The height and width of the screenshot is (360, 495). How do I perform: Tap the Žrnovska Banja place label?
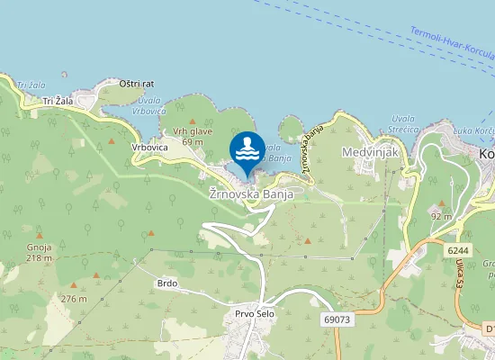251,193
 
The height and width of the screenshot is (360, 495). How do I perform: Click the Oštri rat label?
139,83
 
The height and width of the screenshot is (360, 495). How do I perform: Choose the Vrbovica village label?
149,147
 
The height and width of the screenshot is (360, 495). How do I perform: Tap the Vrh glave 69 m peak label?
193,136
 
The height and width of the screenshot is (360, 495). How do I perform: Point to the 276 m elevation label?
73,299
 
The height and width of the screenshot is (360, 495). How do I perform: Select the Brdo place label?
166,283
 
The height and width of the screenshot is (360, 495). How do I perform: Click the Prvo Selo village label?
255,313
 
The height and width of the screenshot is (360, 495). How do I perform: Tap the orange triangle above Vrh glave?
192,120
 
